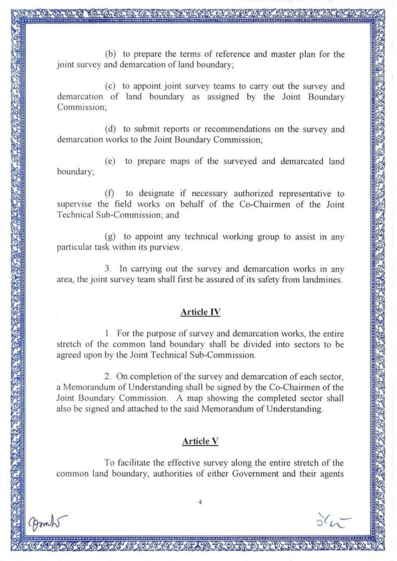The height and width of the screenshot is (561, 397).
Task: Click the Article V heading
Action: [x=199, y=442]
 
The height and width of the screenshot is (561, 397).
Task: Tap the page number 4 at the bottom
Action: [x=200, y=503]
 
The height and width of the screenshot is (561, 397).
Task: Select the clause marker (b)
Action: [x=111, y=54]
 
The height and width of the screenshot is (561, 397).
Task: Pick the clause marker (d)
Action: [x=111, y=129]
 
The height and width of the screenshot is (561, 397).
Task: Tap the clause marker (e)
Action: [x=111, y=161]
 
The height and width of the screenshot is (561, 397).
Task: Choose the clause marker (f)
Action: [x=111, y=194]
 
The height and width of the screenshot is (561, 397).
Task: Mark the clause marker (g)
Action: [x=111, y=237]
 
